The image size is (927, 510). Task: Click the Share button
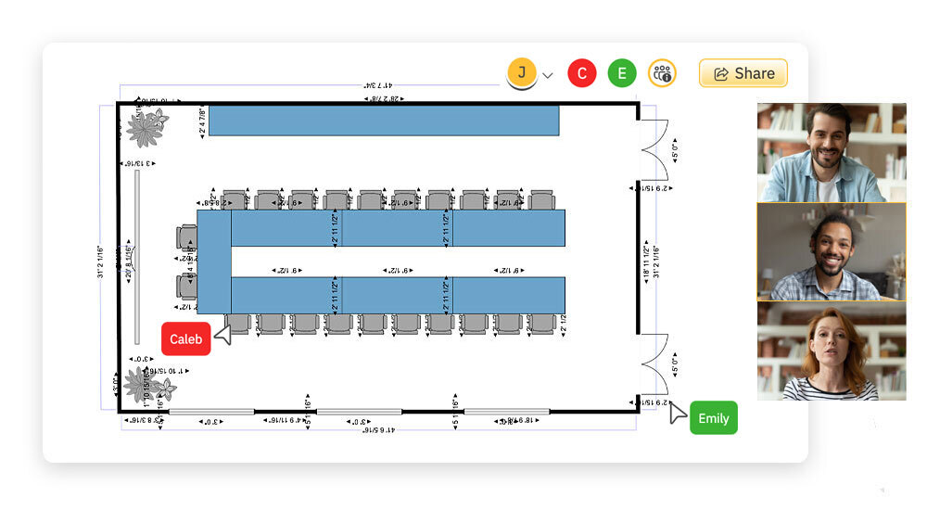tap(743, 73)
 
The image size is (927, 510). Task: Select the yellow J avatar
tap(522, 72)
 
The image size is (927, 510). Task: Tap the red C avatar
tap(582, 73)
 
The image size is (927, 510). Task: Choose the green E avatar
tap(622, 73)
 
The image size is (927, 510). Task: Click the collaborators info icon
tap(662, 73)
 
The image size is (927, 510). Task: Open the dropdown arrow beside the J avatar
tap(548, 75)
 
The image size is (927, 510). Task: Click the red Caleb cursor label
tap(185, 339)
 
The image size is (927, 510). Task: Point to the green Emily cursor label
tap(713, 418)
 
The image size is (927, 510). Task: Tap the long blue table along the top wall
tap(383, 121)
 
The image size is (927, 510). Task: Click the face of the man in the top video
tap(827, 137)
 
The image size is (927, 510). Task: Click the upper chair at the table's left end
tap(186, 236)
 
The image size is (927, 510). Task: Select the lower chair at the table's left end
tap(186, 287)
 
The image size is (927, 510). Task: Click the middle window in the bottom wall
tap(359, 411)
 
